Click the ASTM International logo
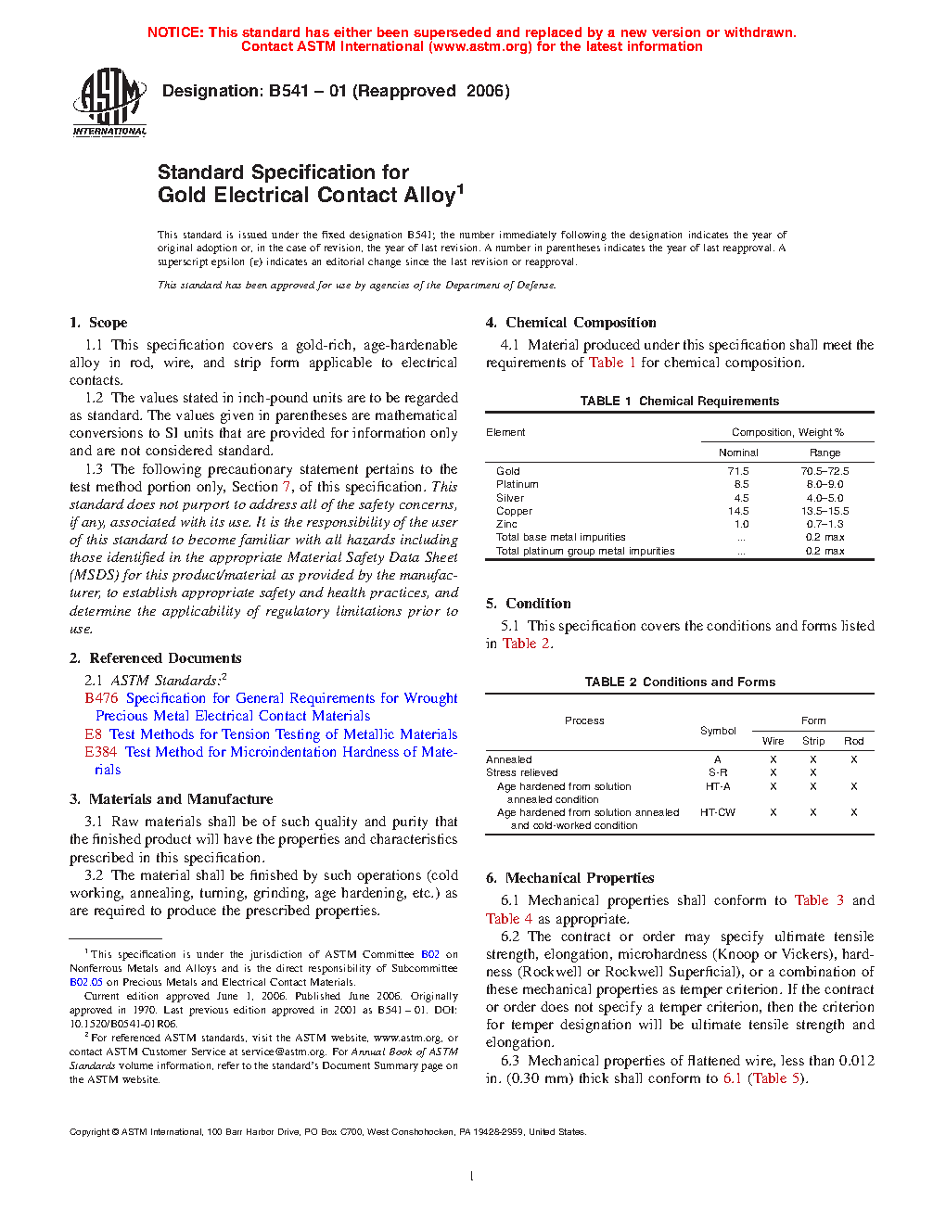(109, 103)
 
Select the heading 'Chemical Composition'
(581, 323)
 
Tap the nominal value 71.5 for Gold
(738, 471)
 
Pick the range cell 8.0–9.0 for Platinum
(825, 484)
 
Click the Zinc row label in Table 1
(506, 524)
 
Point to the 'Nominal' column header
(738, 453)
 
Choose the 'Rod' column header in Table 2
(853, 741)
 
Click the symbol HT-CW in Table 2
(717, 812)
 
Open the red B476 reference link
(101, 698)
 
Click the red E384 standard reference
(101, 752)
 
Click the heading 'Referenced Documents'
(165, 658)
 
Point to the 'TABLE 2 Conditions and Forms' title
(680, 682)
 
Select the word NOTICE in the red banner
(175, 32)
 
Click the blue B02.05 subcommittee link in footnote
(86, 982)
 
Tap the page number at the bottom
(472, 1177)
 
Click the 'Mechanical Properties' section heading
(580, 878)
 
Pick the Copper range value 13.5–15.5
(825, 511)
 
